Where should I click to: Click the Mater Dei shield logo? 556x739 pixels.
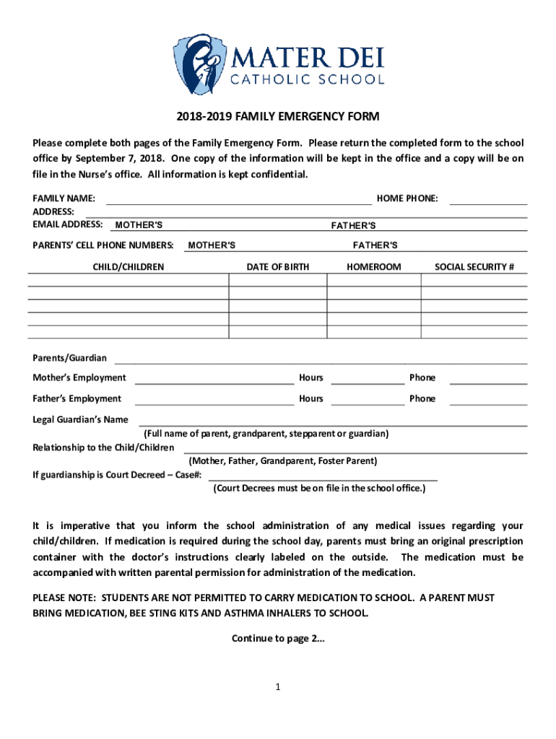(x=199, y=66)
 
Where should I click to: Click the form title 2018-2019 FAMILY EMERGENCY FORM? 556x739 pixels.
(x=278, y=116)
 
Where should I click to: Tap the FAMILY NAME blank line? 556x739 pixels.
(x=239, y=203)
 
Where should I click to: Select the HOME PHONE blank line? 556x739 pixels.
(x=488, y=203)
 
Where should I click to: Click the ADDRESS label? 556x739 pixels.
(x=53, y=211)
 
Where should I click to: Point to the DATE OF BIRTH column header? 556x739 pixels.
(x=278, y=267)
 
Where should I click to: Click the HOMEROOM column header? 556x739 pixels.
(x=373, y=267)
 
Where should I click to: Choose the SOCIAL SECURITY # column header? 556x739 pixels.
(x=474, y=267)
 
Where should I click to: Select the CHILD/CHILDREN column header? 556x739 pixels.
(x=129, y=267)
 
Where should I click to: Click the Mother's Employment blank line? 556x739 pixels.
(x=214, y=382)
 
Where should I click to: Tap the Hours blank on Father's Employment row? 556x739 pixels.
(x=368, y=403)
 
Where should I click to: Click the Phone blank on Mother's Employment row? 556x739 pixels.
(x=488, y=382)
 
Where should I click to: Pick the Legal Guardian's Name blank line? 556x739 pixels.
(x=332, y=424)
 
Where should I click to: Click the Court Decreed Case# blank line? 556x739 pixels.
(x=323, y=479)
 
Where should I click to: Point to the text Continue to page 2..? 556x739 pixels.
(x=278, y=638)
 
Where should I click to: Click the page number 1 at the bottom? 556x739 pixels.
(x=277, y=687)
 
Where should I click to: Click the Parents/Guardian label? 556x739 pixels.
(x=69, y=358)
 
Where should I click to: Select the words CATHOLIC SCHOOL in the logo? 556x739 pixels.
(x=308, y=79)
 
